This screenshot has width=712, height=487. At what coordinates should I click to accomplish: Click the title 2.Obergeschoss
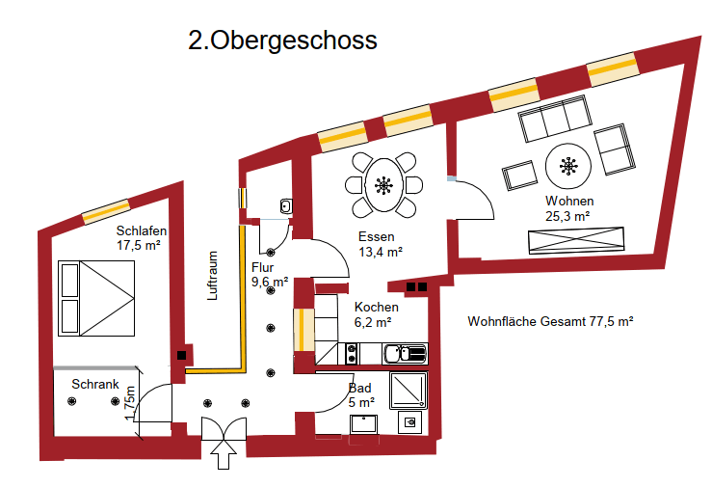click(x=282, y=41)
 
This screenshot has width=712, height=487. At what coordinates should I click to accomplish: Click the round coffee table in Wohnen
click(x=567, y=168)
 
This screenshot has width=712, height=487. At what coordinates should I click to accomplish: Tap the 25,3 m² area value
click(x=567, y=216)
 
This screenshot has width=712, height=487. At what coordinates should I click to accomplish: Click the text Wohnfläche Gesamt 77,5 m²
click(x=549, y=321)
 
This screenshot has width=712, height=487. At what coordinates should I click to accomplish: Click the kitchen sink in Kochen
click(x=405, y=354)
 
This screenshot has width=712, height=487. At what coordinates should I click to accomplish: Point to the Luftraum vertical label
click(x=213, y=276)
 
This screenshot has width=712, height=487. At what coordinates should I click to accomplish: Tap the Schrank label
click(x=95, y=384)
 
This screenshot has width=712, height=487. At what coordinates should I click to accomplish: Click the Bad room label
click(x=359, y=389)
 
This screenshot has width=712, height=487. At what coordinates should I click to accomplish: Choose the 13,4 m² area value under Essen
click(x=380, y=252)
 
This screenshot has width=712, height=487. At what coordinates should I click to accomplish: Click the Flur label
click(x=263, y=267)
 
